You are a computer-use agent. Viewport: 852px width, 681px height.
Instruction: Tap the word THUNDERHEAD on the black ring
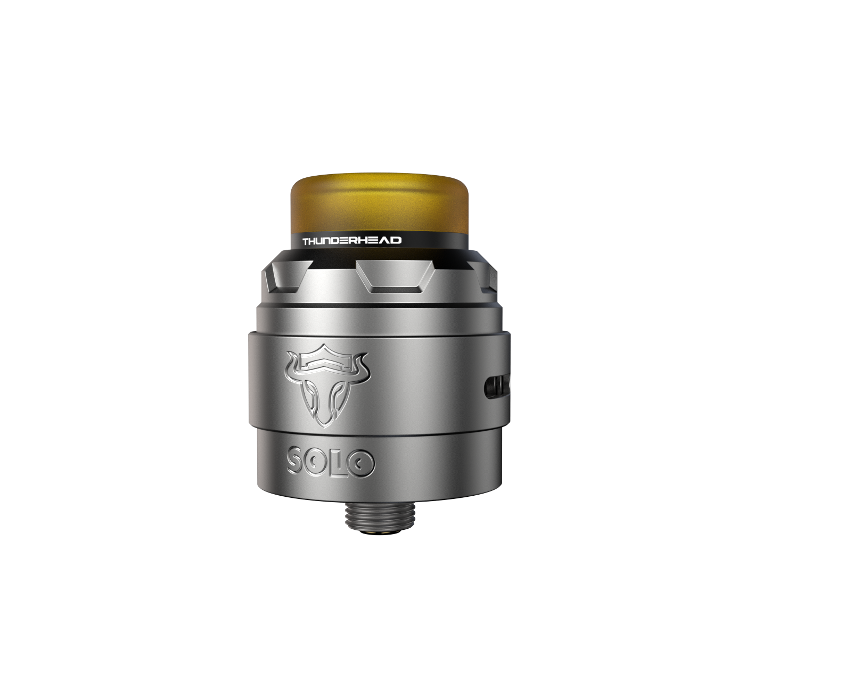click(352, 241)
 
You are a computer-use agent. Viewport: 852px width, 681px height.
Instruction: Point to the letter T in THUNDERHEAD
click(306, 241)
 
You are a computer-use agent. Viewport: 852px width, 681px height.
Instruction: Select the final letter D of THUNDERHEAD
click(397, 240)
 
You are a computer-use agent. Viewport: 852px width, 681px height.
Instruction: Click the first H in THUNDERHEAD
click(314, 241)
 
